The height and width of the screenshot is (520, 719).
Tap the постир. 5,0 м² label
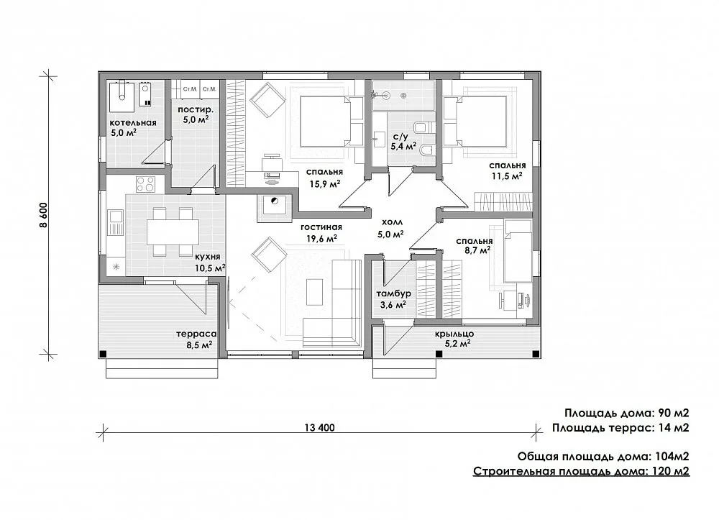tap(196, 114)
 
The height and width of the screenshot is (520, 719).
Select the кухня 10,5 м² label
tap(209, 263)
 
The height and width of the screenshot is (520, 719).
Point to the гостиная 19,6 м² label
tap(321, 232)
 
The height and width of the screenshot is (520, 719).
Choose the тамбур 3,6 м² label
tap(393, 299)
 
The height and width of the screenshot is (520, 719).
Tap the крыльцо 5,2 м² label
tap(454, 339)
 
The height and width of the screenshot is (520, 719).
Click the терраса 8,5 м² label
tap(196, 339)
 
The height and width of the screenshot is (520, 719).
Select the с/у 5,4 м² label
tap(403, 142)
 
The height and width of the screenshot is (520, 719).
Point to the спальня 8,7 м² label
tap(474, 245)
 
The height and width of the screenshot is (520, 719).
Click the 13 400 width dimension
tap(320, 428)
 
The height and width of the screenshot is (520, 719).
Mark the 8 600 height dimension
tap(44, 214)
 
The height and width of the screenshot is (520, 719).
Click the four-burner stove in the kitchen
tap(145, 184)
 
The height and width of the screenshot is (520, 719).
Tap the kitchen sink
tap(116, 222)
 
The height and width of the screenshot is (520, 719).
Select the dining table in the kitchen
tap(173, 232)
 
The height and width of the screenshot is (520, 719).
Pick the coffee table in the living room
tap(314, 291)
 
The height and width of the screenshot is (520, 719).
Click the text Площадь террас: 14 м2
tap(620, 428)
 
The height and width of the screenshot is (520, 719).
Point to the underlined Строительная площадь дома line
tap(581, 471)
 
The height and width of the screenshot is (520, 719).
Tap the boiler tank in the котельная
tap(122, 96)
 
